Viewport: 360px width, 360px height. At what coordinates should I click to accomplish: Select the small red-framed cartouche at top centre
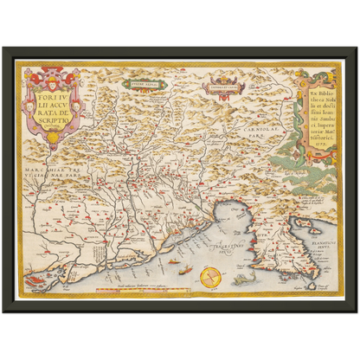tap(216, 85)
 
